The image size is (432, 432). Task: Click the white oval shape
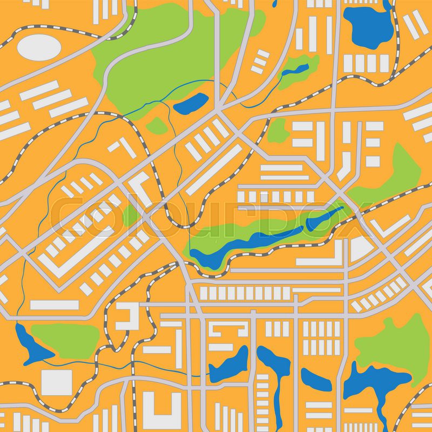pos(38,46)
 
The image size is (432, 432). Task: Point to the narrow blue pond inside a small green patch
pos(296,71)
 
